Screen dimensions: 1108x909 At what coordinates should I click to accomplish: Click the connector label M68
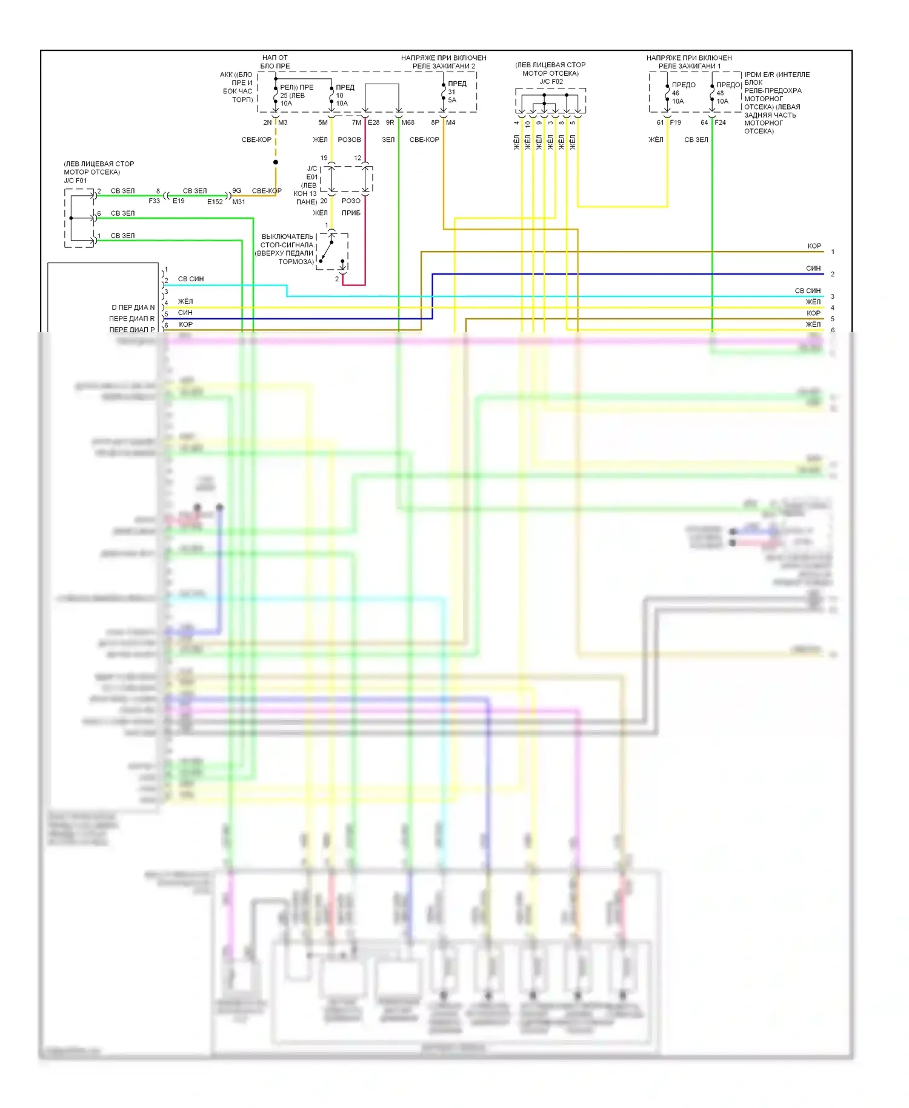click(408, 122)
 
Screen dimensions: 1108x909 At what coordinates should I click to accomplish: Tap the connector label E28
click(374, 122)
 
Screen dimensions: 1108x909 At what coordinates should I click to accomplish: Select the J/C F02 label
click(551, 82)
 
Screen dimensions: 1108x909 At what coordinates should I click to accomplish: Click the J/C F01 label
click(75, 181)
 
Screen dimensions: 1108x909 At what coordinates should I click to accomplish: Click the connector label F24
click(720, 122)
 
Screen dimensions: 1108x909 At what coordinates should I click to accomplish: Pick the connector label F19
click(675, 122)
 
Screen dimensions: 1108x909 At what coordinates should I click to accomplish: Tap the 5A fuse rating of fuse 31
click(452, 100)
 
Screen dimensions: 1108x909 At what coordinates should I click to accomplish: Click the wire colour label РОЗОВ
click(349, 140)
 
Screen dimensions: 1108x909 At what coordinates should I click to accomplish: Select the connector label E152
click(215, 202)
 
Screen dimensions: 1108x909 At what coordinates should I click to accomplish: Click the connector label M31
click(239, 202)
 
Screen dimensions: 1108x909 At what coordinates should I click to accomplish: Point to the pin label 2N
click(267, 122)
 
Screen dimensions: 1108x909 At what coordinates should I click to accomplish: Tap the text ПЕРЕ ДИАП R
click(132, 319)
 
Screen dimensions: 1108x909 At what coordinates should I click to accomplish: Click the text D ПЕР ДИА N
click(133, 307)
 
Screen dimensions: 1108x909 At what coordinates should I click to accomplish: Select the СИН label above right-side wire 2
click(813, 269)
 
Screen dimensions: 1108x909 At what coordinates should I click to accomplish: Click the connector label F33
click(155, 201)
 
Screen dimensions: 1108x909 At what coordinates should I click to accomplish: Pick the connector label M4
click(450, 122)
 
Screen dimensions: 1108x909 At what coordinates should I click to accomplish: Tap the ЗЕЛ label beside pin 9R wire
click(388, 140)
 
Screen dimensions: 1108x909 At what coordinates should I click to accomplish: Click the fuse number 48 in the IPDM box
click(720, 93)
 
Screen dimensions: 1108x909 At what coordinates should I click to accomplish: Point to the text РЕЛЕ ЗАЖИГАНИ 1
click(690, 66)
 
